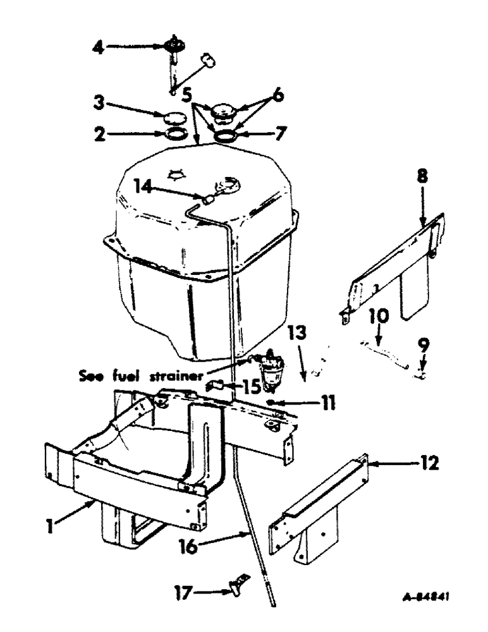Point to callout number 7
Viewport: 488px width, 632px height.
point(281,134)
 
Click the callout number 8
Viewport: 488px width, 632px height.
point(422,178)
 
